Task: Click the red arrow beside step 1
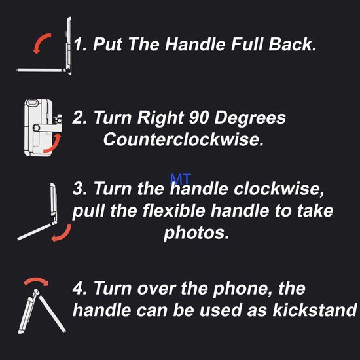[x=41, y=44]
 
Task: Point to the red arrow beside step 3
[x=59, y=233]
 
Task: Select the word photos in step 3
[x=196, y=233]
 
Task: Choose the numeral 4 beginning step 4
[x=79, y=288]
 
